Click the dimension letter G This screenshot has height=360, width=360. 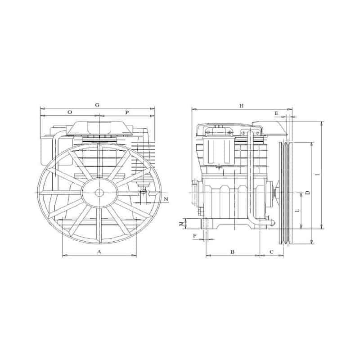coord(97,105)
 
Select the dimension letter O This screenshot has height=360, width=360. coord(70,112)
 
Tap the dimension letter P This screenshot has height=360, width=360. coord(127,112)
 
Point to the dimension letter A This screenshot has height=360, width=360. coord(99,252)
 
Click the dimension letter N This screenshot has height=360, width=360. coord(166,199)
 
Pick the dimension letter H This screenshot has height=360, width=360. coord(241,106)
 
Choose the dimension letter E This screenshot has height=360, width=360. coord(276,113)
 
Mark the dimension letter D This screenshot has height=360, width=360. coord(308,193)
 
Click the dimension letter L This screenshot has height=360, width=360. coord(298,211)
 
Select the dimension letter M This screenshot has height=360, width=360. coord(181,224)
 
